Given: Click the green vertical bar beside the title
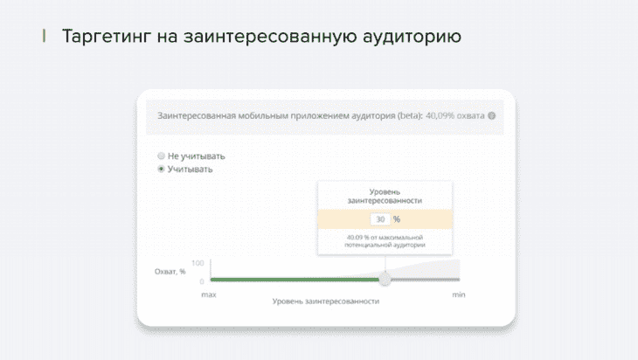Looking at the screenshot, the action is [44, 36].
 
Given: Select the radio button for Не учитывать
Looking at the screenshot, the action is [161, 156].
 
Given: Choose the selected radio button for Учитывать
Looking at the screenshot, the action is [161, 169].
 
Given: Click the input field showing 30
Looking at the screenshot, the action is [380, 219].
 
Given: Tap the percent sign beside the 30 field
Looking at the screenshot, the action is [397, 219].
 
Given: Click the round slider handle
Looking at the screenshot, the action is [385, 280].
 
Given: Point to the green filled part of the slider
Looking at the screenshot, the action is [295, 280].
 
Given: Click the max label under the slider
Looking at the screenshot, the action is [209, 294].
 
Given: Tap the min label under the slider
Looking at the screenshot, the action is [459, 294].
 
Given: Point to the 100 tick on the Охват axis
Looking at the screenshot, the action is [198, 263].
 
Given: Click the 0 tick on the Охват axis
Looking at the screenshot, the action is [201, 281].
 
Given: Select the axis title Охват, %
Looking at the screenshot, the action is [170, 272].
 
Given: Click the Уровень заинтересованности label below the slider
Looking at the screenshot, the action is [325, 301].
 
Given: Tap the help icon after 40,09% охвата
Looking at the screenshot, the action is [491, 116].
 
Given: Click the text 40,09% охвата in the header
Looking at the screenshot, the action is [454, 116].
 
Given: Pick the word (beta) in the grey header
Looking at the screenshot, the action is [410, 116].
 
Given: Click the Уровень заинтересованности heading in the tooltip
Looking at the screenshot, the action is [385, 196].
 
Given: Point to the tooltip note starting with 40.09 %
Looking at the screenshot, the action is [385, 241].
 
